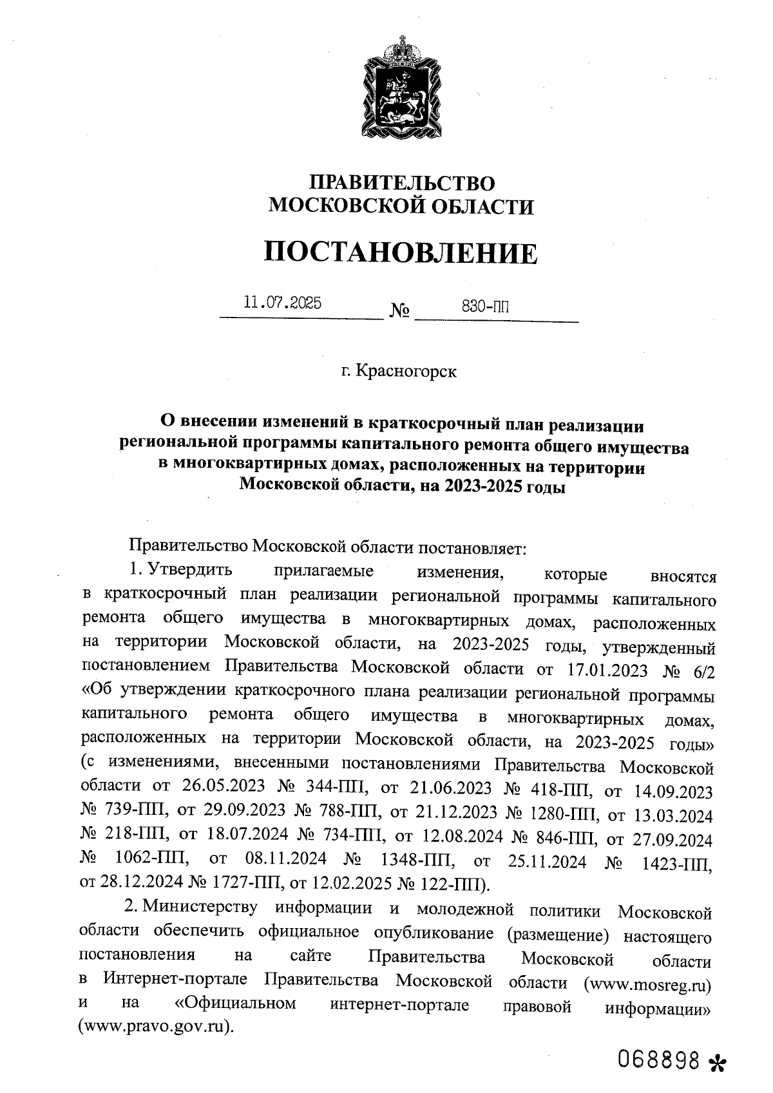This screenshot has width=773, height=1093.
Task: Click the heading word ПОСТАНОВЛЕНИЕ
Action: pyautogui.click(x=400, y=252)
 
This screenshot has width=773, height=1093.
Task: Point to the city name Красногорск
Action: pyautogui.click(x=406, y=372)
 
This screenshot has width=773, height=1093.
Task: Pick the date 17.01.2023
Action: pyautogui.click(x=608, y=670)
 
